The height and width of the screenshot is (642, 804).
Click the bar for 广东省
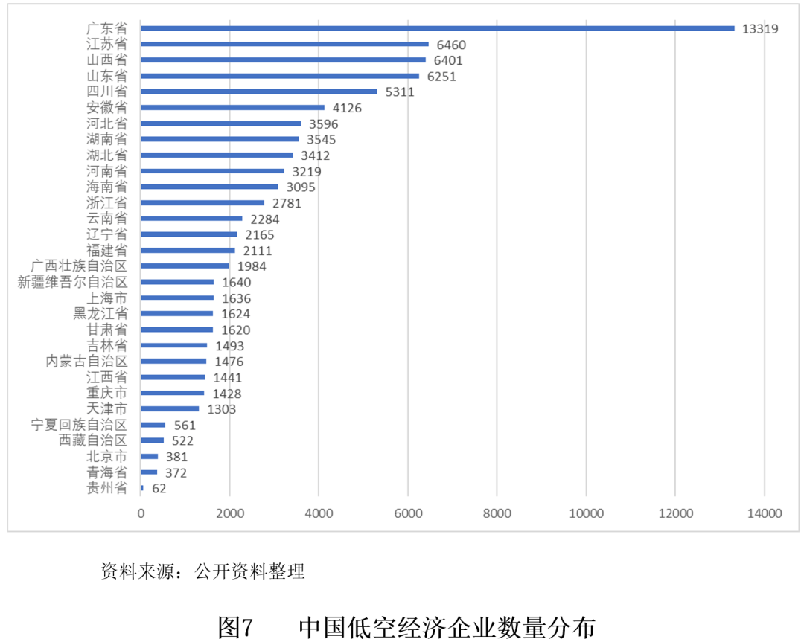[437, 28]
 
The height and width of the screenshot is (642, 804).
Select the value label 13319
[760, 29]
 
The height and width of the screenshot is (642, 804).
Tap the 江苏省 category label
[106, 45]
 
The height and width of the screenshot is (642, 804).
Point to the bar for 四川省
[259, 92]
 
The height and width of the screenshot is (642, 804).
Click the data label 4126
[347, 108]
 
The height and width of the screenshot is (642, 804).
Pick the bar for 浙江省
[202, 202]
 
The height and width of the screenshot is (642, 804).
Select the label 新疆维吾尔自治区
[72, 282]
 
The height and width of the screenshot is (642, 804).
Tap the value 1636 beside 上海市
[237, 298]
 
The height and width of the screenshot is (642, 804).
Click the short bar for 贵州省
[142, 488]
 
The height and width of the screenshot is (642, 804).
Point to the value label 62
[159, 489]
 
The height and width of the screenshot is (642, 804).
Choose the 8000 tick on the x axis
[497, 513]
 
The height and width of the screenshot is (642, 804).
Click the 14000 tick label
[764, 513]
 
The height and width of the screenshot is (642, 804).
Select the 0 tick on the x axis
[141, 513]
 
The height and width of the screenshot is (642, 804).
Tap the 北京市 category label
[106, 456]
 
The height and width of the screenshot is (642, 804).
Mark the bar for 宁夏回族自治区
[153, 425]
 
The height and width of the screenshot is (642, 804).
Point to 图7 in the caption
[237, 627]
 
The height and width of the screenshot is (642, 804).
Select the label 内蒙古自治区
[86, 362]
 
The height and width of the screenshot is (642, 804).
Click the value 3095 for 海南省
[301, 187]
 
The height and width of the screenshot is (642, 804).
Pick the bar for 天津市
[170, 408]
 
